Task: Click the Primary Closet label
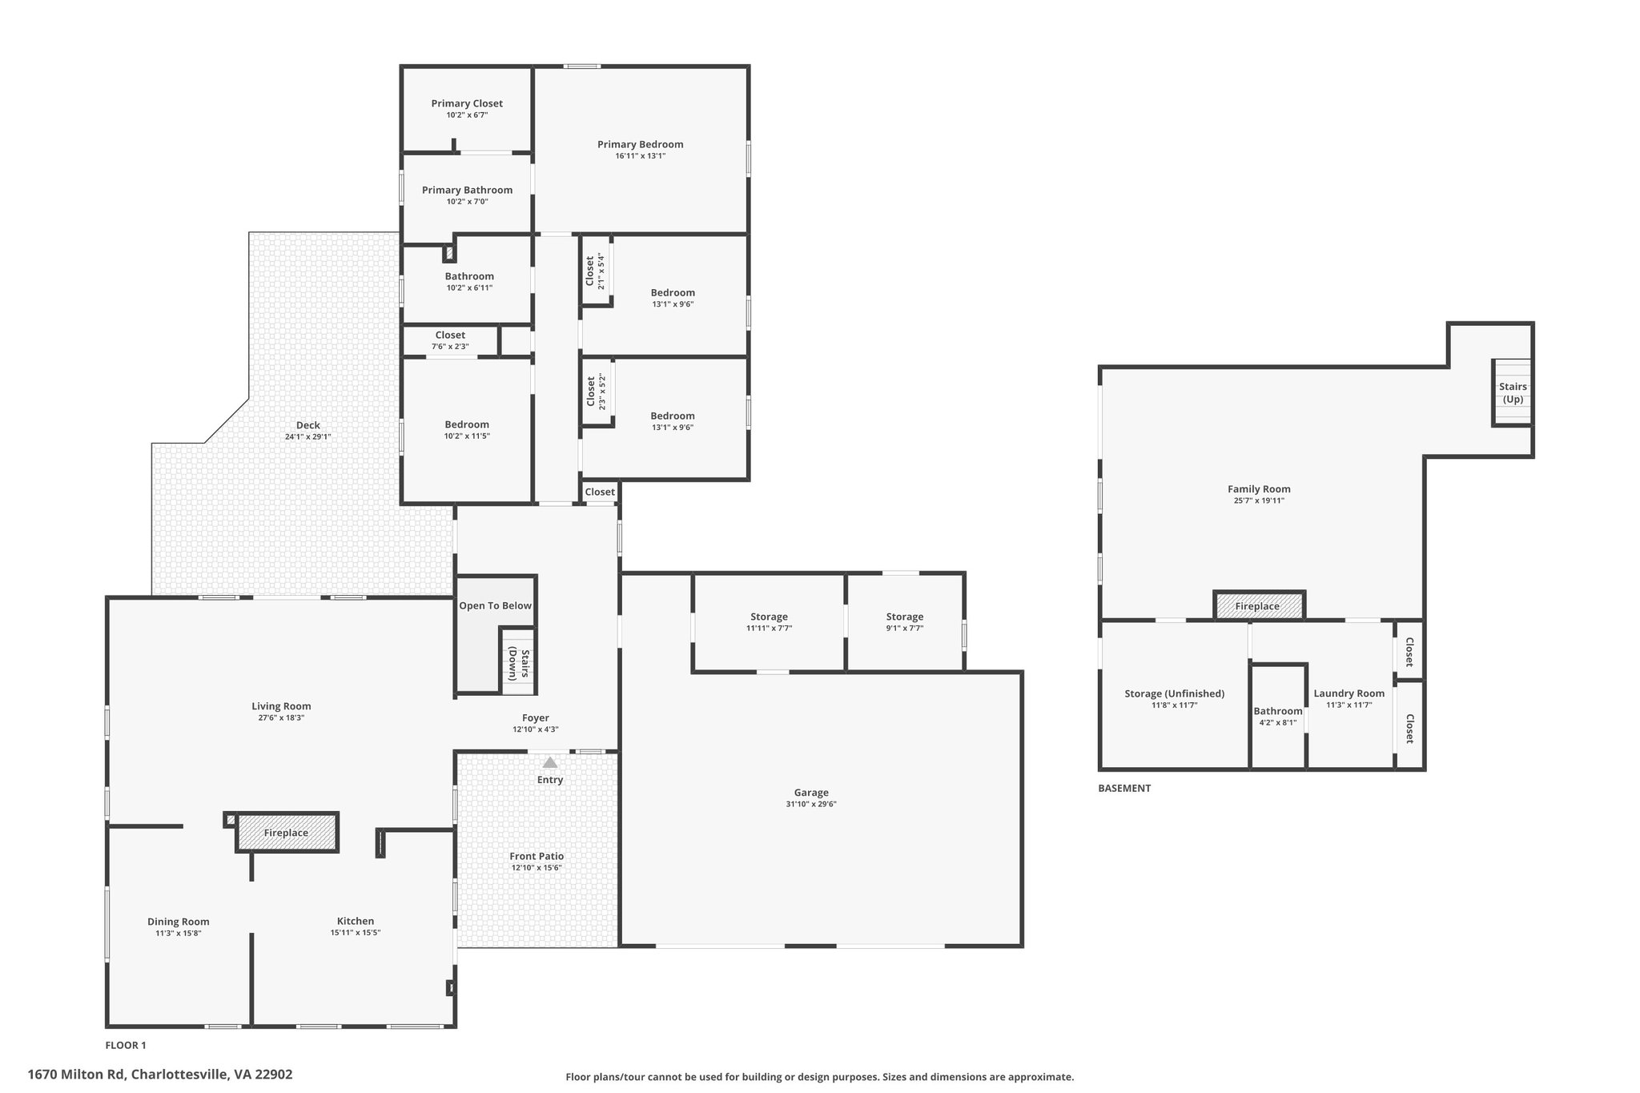(467, 103)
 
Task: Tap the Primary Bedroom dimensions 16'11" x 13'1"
(640, 156)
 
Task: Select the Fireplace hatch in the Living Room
(287, 833)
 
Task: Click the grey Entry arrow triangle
(550, 763)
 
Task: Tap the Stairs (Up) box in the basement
(1512, 392)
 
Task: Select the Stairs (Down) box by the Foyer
(518, 663)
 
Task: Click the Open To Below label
(495, 605)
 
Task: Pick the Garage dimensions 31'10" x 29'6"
(811, 804)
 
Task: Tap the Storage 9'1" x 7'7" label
(905, 617)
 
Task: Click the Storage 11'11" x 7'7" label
(769, 617)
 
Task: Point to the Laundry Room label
(1349, 693)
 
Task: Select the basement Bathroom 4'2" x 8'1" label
(1277, 711)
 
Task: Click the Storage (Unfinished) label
(1174, 693)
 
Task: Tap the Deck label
(307, 425)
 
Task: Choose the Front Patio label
(537, 856)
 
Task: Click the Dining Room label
(178, 922)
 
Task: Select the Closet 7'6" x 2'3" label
(450, 335)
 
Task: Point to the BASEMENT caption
(1123, 788)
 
